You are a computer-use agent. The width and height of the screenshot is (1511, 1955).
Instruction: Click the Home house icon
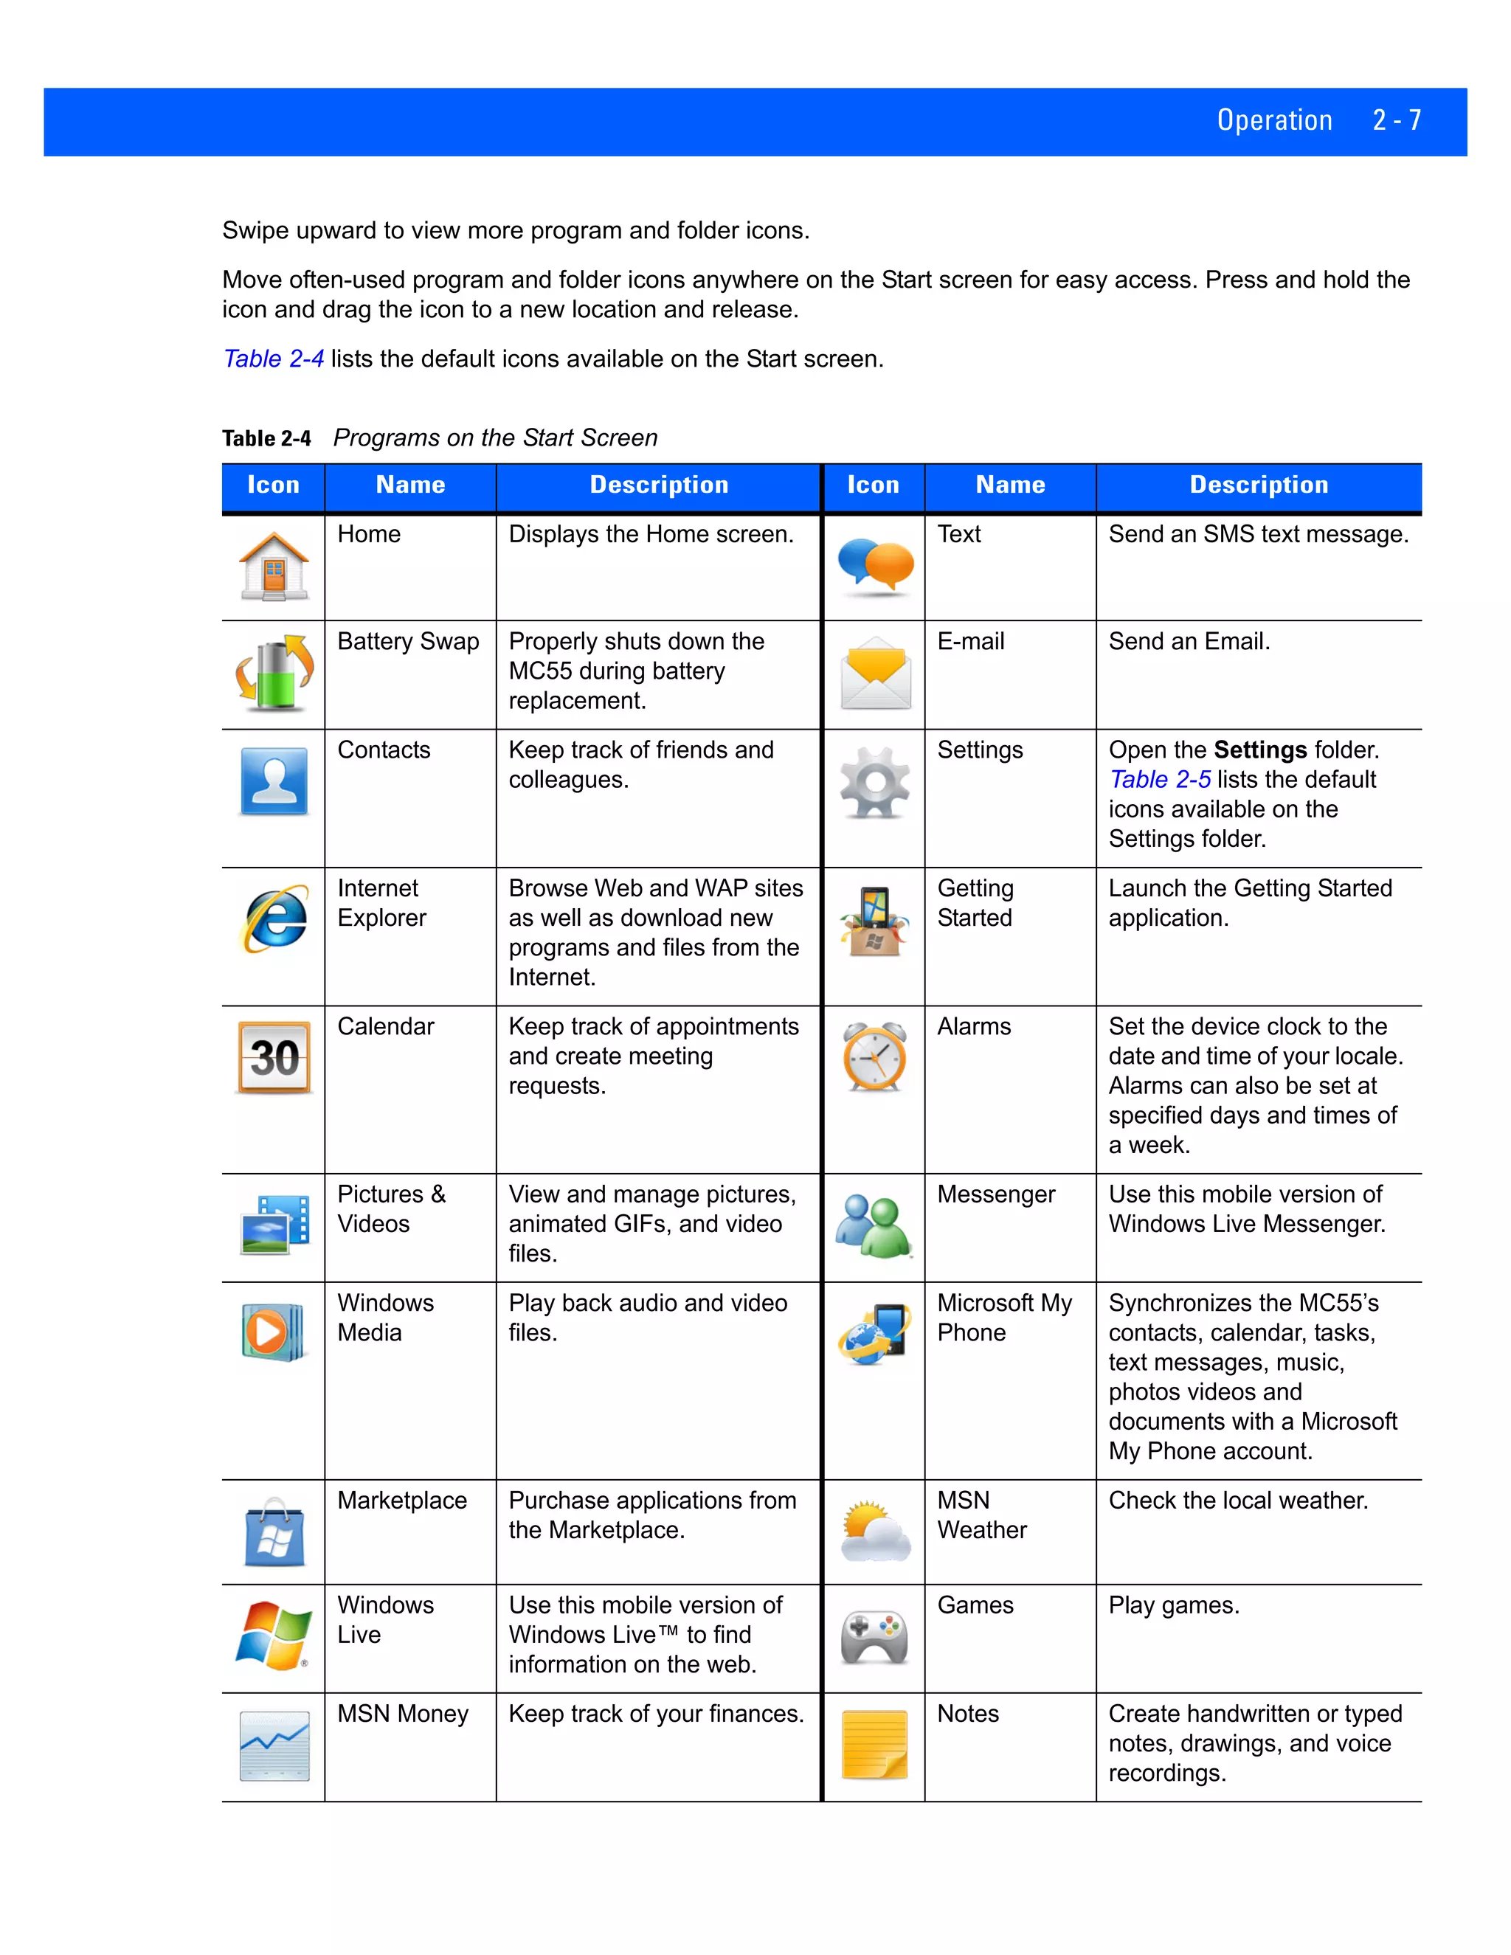[x=274, y=567]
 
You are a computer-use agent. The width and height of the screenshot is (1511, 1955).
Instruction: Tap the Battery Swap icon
[x=274, y=674]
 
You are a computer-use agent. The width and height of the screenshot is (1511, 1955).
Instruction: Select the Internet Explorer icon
[x=274, y=919]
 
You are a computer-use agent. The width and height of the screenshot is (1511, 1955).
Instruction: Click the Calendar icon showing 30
[x=274, y=1057]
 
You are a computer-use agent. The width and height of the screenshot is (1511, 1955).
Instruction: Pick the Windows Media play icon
[x=272, y=1332]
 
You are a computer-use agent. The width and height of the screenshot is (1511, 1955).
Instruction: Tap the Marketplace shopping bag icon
[x=274, y=1532]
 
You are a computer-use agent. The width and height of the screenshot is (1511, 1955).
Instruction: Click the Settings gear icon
[x=874, y=783]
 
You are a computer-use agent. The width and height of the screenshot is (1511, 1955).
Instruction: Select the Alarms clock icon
[x=874, y=1057]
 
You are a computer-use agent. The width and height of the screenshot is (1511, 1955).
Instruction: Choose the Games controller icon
[x=874, y=1637]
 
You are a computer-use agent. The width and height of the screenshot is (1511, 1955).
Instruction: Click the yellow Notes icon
[x=874, y=1745]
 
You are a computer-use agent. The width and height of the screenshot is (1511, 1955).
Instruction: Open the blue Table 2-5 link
[x=1159, y=780]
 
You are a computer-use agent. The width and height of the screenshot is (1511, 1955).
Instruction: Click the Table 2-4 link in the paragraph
[x=273, y=359]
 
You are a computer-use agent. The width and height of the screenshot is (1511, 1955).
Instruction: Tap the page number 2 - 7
[x=1397, y=121]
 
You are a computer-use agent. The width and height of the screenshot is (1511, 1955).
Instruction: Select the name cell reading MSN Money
[x=403, y=1714]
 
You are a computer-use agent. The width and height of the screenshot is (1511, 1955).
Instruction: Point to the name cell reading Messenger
[x=996, y=1195]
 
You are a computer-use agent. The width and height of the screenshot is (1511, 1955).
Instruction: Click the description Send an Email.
[x=1189, y=642]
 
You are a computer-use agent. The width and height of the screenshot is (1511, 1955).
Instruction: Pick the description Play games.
[x=1174, y=1606]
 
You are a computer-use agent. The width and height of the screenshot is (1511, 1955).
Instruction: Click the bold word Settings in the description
[x=1259, y=750]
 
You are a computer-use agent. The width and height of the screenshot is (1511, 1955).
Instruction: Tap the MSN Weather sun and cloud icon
[x=874, y=1532]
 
